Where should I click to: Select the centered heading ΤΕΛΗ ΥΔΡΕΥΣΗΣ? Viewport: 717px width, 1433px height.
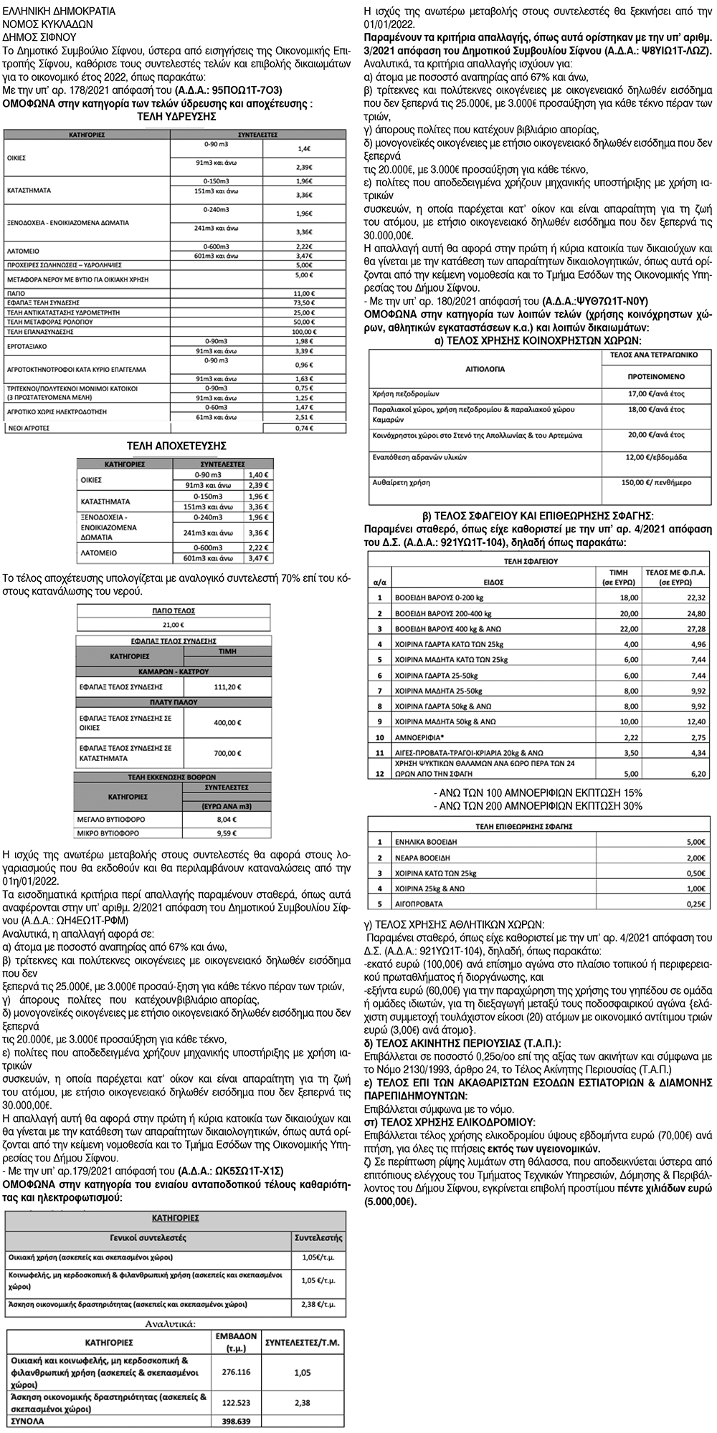[176, 117]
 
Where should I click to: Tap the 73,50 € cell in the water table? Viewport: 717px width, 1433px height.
[304, 303]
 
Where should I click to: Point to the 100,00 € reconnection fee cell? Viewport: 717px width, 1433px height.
[304, 332]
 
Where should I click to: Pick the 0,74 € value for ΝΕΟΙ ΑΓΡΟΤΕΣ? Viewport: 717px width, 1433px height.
[304, 428]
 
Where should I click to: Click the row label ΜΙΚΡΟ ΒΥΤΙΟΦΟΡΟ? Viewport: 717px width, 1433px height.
[108, 833]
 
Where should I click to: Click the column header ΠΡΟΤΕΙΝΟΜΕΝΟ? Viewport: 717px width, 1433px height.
[656, 376]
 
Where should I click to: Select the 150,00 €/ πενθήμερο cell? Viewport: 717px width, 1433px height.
[656, 483]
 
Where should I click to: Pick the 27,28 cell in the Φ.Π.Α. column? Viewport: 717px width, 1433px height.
[676, 628]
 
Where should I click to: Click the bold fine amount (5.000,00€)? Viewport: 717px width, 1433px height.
[390, 1202]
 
